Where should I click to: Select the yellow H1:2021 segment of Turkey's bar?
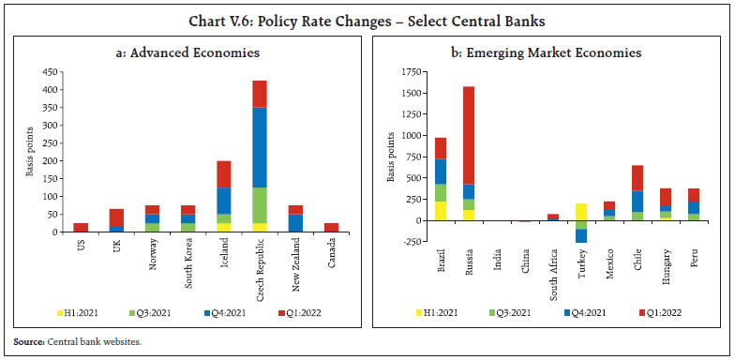coord(581,212)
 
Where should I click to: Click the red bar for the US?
coord(81,228)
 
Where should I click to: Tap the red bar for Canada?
coord(331,228)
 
